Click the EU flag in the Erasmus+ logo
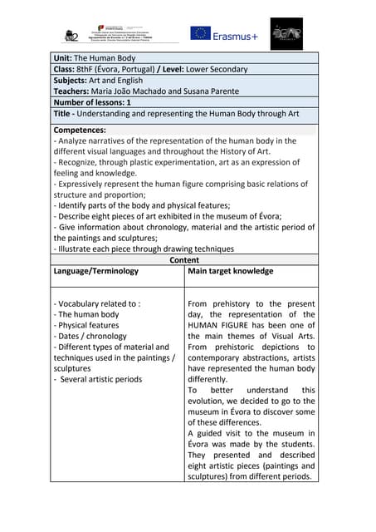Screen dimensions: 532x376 (200, 33)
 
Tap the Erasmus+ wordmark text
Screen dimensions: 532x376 (236, 35)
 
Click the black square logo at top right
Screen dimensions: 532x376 (286, 33)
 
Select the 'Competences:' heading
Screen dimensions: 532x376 (80, 131)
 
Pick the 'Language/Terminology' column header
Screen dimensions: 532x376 (96, 271)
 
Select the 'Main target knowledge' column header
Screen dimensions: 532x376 (231, 271)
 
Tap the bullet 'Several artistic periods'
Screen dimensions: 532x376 (99, 379)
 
